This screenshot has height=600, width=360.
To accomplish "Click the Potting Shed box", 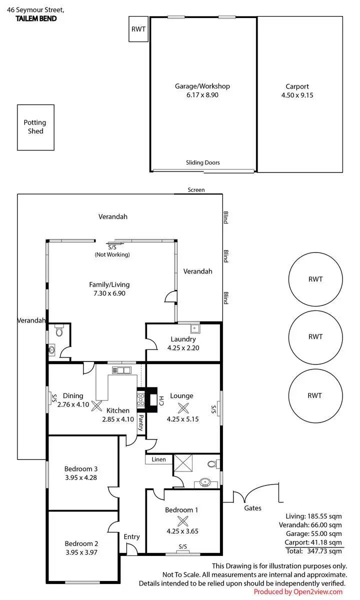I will click(36, 127).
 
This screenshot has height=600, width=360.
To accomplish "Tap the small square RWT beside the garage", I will click(138, 29).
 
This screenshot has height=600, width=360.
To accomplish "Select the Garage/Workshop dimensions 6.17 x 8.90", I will click(202, 95).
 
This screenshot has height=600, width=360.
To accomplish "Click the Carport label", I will click(297, 86).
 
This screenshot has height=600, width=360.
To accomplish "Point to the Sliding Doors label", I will click(202, 162).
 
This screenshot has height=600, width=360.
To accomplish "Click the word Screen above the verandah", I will click(196, 190).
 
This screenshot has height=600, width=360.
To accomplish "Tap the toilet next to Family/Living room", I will click(59, 331).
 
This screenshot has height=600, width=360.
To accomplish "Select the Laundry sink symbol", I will click(193, 328).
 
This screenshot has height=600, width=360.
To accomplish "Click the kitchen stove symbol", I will click(140, 399).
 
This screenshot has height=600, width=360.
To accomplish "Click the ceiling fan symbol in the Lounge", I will click(184, 407).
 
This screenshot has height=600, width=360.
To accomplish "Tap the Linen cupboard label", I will click(158, 459).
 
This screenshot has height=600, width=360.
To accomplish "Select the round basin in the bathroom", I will click(204, 483).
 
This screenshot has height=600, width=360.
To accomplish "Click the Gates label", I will click(252, 508).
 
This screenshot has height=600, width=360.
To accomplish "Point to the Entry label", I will click(132, 536).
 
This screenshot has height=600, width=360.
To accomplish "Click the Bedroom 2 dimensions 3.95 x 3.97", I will click(80, 552).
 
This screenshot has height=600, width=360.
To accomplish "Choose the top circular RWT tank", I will click(315, 279).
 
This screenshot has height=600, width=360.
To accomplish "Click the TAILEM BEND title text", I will click(35, 18).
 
